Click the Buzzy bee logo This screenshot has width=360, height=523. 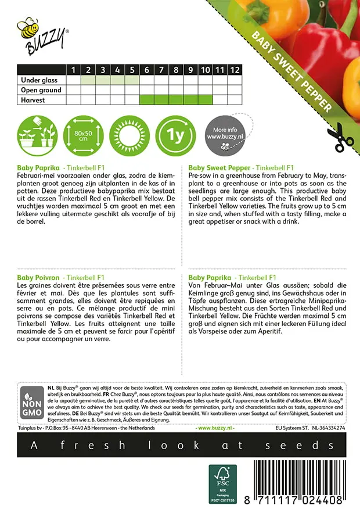(x=42, y=34)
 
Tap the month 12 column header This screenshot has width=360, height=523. (x=234, y=70)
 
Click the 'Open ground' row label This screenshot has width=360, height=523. (x=41, y=90)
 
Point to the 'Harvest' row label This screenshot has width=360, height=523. (x=33, y=100)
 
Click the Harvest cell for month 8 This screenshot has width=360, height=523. (x=176, y=100)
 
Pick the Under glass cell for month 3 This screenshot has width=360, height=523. (x=103, y=80)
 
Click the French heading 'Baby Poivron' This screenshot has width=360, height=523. (x=39, y=278)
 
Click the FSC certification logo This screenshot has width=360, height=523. (x=223, y=483)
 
